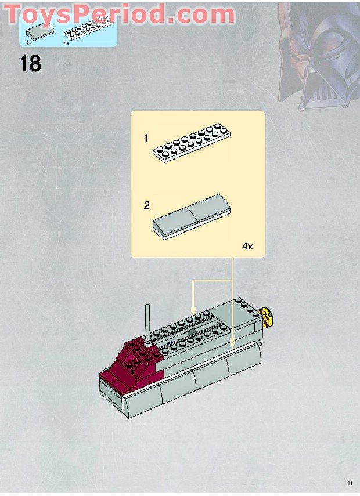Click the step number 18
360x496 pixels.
[x=31, y=63]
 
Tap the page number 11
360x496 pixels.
[x=350, y=483]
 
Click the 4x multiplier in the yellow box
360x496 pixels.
[x=248, y=246]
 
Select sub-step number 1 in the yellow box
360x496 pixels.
[x=146, y=139]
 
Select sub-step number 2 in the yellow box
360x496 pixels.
[x=147, y=205]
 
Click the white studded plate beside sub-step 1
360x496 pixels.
[x=191, y=143]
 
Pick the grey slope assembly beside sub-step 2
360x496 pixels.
[x=190, y=216]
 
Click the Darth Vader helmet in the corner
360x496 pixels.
[x=316, y=55]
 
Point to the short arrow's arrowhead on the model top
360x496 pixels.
[x=193, y=314]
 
